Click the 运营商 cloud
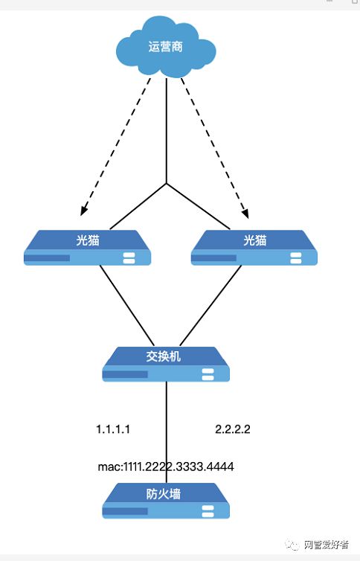(166, 50)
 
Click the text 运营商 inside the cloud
(166, 46)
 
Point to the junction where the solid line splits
(166, 182)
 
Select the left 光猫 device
(88, 248)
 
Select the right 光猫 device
(254, 248)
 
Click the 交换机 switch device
(165, 364)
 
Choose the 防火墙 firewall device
(165, 500)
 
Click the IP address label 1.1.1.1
(113, 429)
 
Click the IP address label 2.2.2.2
(232, 429)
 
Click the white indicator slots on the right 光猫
(296, 258)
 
